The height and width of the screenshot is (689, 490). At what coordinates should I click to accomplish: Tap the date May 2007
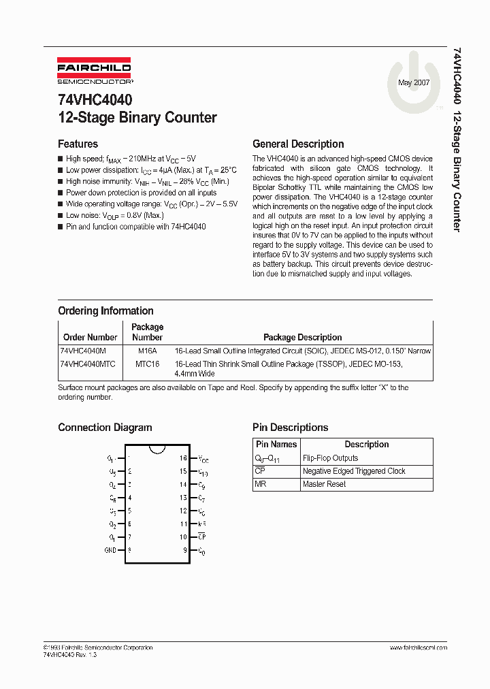[414, 82]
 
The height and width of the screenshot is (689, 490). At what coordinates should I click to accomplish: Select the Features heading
[78, 144]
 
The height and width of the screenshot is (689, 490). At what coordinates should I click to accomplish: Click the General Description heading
[298, 144]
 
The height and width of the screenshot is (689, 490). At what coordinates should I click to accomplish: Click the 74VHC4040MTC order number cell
[88, 364]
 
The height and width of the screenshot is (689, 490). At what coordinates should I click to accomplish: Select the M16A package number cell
[147, 351]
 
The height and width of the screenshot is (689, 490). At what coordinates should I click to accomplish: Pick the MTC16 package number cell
[147, 364]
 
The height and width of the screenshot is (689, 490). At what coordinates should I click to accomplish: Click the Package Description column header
[302, 337]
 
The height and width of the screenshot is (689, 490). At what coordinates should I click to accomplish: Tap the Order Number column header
[90, 337]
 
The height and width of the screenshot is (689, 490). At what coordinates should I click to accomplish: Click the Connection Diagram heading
[105, 428]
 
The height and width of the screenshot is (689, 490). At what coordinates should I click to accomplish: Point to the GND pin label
[110, 550]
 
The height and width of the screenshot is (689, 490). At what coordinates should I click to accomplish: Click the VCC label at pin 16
[203, 459]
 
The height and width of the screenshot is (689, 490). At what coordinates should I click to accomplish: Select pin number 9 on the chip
[184, 550]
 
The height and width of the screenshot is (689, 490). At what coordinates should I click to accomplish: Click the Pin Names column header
[276, 445]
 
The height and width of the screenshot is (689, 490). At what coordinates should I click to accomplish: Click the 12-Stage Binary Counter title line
[137, 117]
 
